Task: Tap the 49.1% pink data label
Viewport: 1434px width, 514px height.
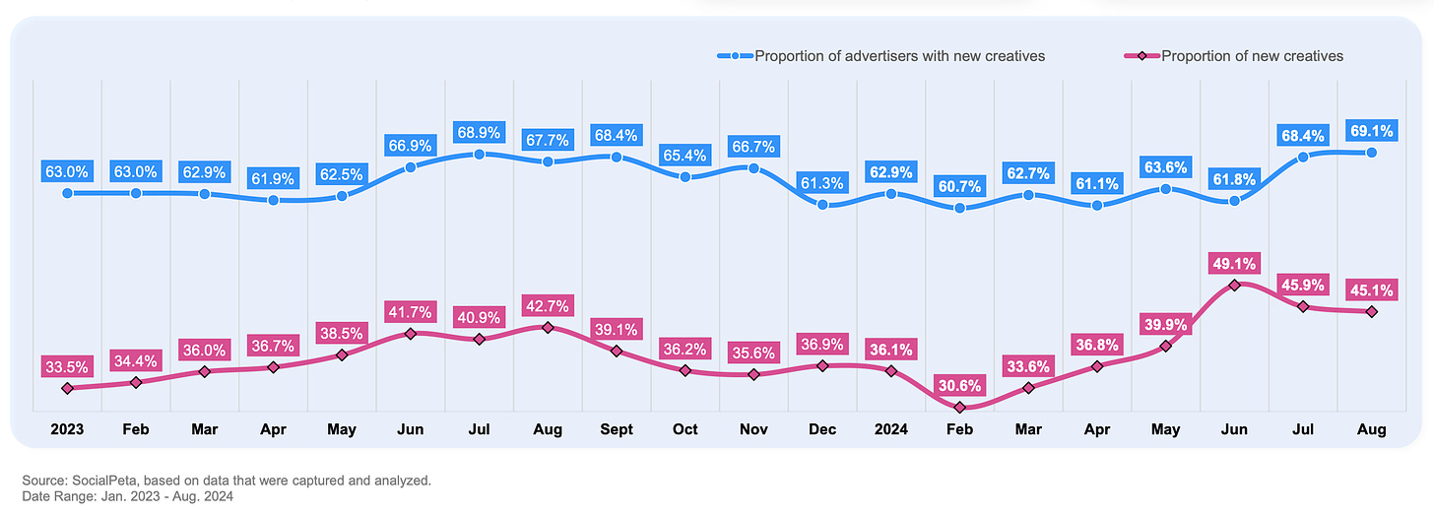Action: pyautogui.click(x=1235, y=264)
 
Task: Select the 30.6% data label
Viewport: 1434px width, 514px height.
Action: pyautogui.click(x=959, y=383)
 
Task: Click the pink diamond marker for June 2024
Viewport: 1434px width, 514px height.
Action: pyautogui.click(x=1235, y=285)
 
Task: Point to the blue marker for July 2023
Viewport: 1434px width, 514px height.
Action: pyautogui.click(x=479, y=155)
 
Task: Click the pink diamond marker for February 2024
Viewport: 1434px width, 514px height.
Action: pyautogui.click(x=960, y=407)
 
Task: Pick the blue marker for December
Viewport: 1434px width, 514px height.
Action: pyautogui.click(x=822, y=205)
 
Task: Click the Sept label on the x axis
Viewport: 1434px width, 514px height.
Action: pyautogui.click(x=616, y=429)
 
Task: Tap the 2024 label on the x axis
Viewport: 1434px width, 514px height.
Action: pyautogui.click(x=890, y=429)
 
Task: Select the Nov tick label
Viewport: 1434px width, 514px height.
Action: pyautogui.click(x=753, y=429)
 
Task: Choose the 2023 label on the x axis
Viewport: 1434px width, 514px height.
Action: pyautogui.click(x=67, y=429)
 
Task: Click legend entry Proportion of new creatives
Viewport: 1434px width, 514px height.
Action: pyautogui.click(x=1252, y=56)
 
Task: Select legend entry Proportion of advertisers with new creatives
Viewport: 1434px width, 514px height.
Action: pyautogui.click(x=899, y=56)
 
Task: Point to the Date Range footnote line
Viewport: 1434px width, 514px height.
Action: pyautogui.click(x=126, y=496)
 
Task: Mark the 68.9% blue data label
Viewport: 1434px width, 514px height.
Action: pyautogui.click(x=479, y=131)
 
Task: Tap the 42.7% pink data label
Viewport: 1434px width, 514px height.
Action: pyautogui.click(x=548, y=305)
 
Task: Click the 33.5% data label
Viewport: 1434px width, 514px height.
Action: pyautogui.click(x=66, y=366)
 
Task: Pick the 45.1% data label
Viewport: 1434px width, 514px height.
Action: pyautogui.click(x=1372, y=289)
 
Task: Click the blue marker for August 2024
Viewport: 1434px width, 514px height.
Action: pyautogui.click(x=1372, y=152)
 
